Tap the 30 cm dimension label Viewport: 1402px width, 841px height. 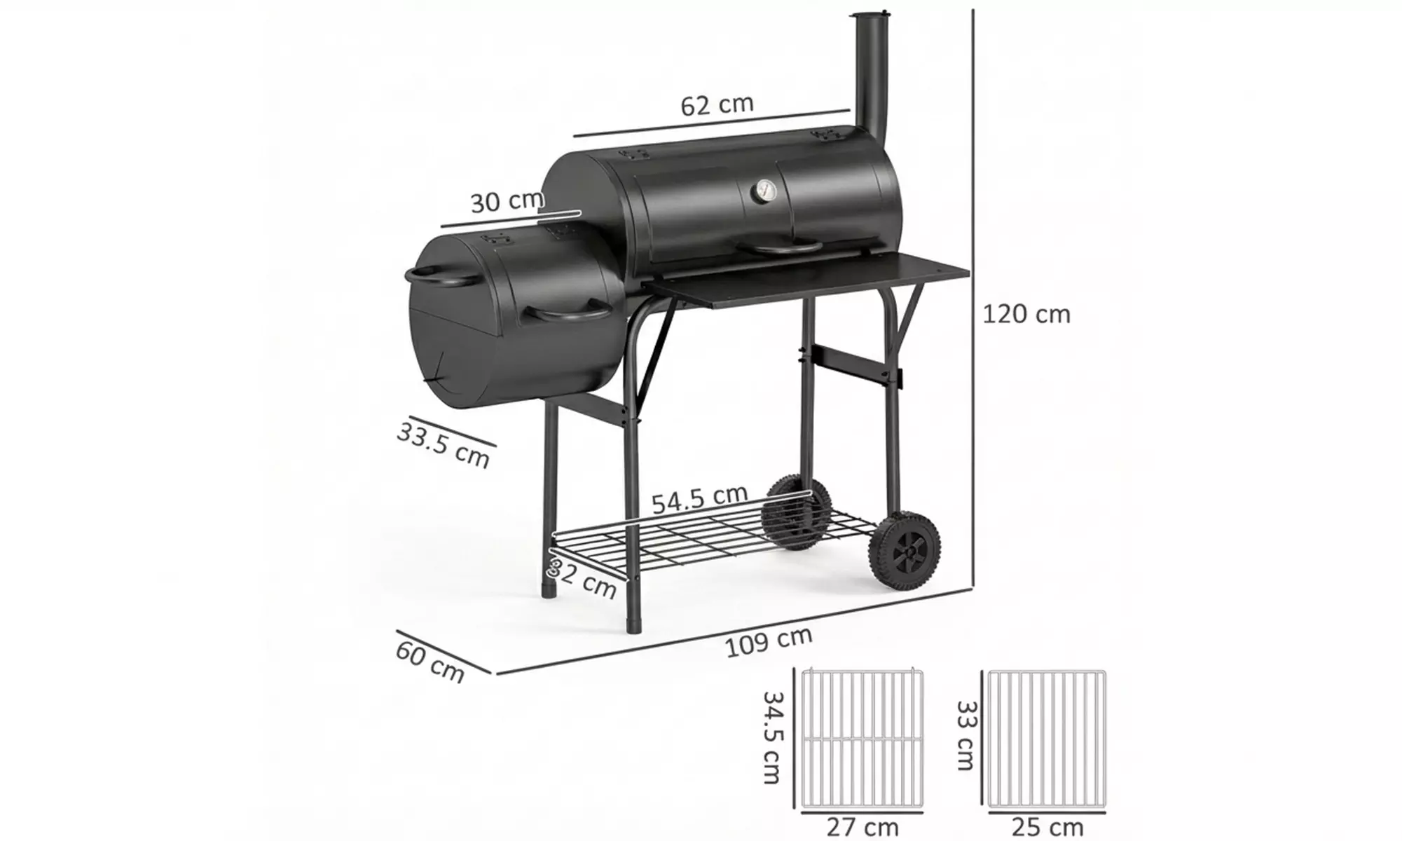pyautogui.click(x=506, y=202)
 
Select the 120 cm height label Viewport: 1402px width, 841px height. pyautogui.click(x=1026, y=314)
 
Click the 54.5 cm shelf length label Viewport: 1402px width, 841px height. pyautogui.click(x=699, y=499)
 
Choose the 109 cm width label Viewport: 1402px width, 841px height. pyautogui.click(x=768, y=641)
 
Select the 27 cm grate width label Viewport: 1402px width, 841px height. pyautogui.click(x=862, y=827)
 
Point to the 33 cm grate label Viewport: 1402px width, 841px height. pyautogui.click(x=966, y=736)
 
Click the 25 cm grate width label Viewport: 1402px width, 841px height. pyautogui.click(x=1047, y=827)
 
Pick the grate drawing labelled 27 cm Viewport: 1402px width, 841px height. pyautogui.click(x=862, y=737)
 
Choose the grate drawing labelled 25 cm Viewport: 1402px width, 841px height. pyautogui.click(x=1047, y=737)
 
